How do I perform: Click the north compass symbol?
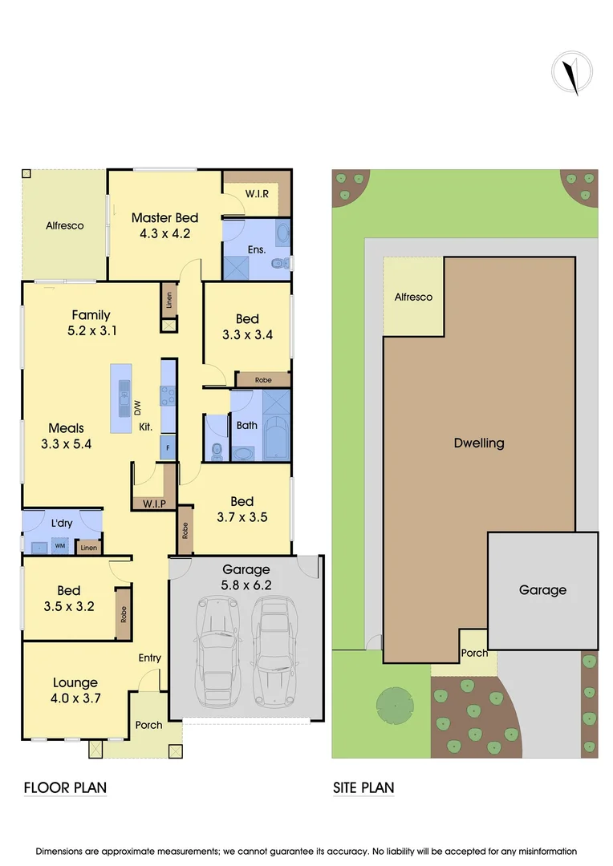coord(571,73)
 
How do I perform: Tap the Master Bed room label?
coord(164,217)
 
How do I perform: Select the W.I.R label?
coord(257,193)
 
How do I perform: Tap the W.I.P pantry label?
coord(153,504)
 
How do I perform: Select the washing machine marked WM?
coord(59,546)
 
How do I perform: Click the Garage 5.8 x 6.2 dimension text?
coord(246,585)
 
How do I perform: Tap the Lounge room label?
coord(75,682)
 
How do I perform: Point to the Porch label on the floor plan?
coord(148,725)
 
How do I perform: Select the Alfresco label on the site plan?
coord(413,297)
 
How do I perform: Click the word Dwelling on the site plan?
coord(479,443)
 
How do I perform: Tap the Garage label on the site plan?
coord(542,589)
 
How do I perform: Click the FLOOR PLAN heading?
coord(65,787)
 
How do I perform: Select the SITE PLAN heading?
coord(363,787)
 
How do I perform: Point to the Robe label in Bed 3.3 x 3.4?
coord(262,379)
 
